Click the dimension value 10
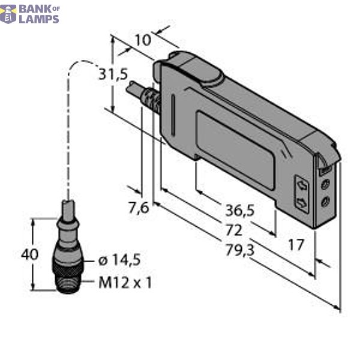142,40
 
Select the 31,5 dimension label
113,75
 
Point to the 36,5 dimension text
239,210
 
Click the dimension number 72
233,230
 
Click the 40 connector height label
29,254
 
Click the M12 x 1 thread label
125,282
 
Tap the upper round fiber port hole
325,185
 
